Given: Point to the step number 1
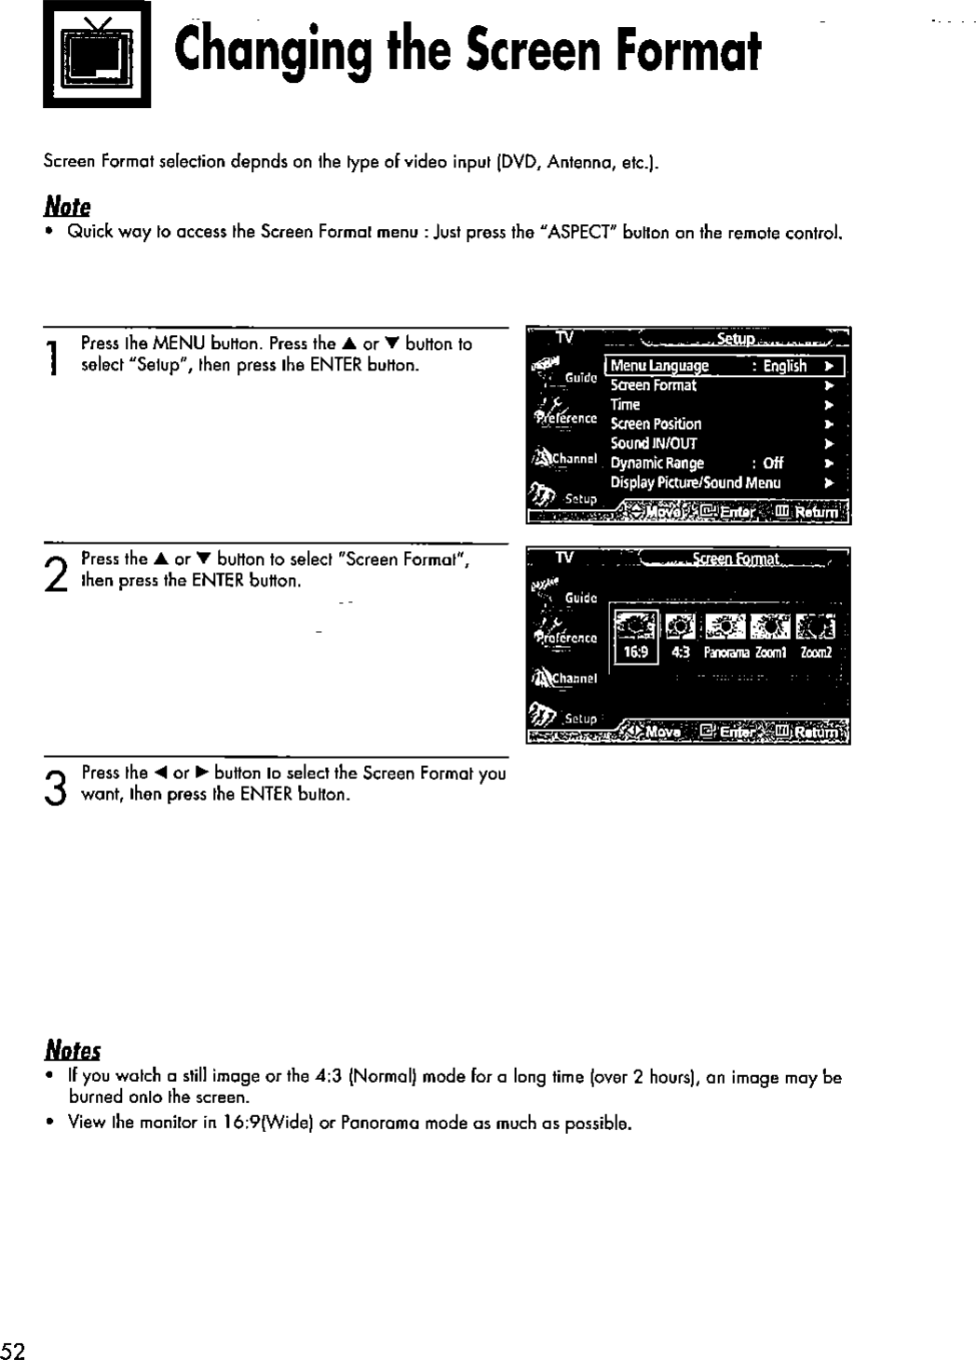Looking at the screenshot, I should (58, 355).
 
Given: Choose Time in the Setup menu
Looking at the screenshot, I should (625, 405).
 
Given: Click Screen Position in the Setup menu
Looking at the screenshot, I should (656, 424).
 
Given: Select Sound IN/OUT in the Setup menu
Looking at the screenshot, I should (653, 443).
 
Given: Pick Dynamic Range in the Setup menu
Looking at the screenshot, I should (657, 463).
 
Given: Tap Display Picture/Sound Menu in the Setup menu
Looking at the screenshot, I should (695, 482).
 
